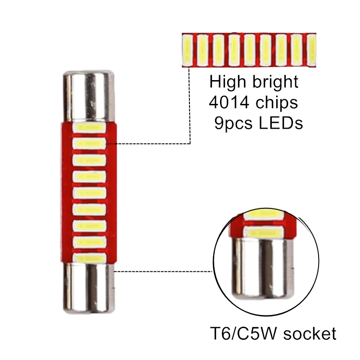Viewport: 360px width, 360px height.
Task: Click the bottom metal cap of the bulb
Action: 88,286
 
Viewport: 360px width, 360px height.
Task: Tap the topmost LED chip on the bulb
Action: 90,127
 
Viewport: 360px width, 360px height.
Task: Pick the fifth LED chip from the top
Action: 90,193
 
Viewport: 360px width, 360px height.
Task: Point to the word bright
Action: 276,83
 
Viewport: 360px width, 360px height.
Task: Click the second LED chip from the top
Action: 90,144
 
